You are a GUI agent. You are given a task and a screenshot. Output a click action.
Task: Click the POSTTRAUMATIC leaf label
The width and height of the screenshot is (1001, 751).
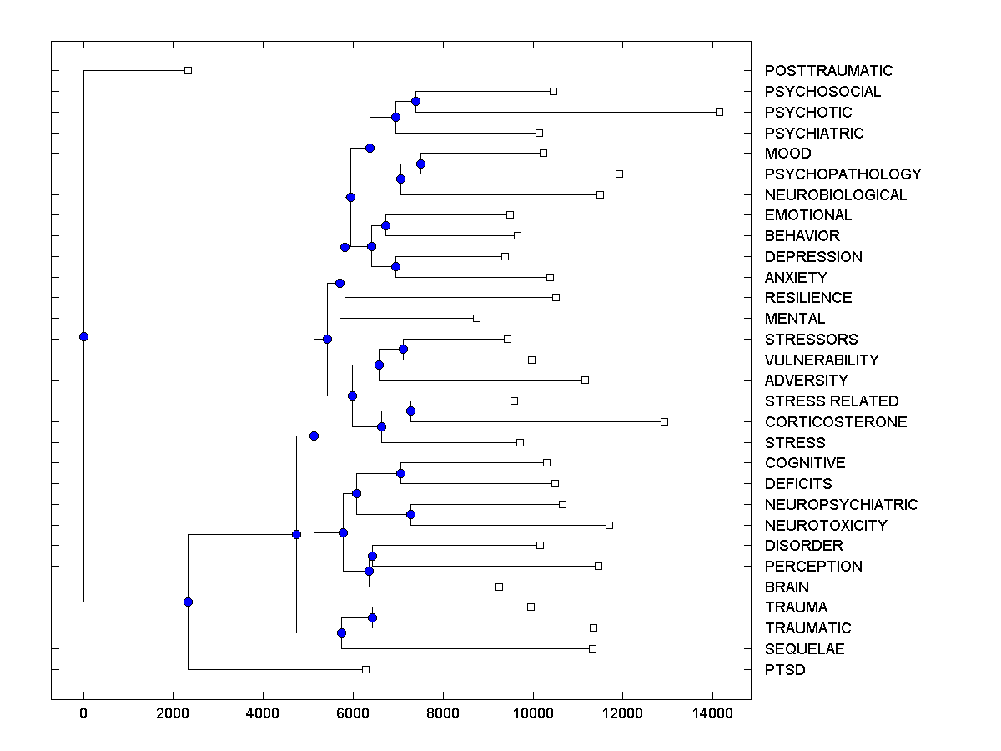click(828, 71)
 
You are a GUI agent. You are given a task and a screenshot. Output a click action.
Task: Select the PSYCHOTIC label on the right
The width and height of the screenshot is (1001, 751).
click(808, 113)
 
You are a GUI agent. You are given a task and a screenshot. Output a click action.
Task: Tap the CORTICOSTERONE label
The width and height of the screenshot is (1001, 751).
click(835, 422)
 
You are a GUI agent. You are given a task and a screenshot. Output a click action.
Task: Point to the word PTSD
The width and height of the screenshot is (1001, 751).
click(785, 670)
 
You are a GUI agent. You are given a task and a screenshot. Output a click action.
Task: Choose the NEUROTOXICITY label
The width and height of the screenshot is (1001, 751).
click(826, 526)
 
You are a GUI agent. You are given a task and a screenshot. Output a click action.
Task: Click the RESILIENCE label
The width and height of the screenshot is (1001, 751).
click(808, 298)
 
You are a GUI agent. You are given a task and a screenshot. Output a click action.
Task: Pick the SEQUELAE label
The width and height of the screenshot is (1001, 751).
click(804, 649)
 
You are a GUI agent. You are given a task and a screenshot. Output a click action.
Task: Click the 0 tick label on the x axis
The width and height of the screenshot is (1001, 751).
click(83, 712)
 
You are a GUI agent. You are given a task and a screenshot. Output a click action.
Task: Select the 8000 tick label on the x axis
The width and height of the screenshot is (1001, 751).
click(443, 712)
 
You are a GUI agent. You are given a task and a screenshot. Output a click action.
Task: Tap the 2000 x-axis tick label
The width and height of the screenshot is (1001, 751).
click(173, 712)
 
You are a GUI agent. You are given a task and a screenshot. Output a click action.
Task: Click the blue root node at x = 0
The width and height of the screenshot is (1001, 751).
click(83, 336)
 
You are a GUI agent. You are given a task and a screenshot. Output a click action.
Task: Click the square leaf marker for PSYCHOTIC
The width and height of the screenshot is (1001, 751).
click(719, 112)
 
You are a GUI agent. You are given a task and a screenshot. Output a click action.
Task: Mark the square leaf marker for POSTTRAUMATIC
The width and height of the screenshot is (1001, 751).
click(188, 70)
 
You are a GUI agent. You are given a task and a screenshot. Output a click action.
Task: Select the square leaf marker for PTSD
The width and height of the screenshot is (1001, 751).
click(365, 669)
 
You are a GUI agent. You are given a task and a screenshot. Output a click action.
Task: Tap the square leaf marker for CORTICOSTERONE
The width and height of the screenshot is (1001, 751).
click(664, 421)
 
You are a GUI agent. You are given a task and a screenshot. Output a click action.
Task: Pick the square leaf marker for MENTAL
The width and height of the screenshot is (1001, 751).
click(476, 318)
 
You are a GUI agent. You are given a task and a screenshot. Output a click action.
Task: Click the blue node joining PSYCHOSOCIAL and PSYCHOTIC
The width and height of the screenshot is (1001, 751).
click(415, 101)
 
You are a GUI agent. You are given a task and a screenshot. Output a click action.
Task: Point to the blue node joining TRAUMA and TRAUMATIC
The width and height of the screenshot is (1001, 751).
click(372, 617)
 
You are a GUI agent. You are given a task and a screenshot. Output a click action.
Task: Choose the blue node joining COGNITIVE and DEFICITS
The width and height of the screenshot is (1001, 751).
click(400, 473)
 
